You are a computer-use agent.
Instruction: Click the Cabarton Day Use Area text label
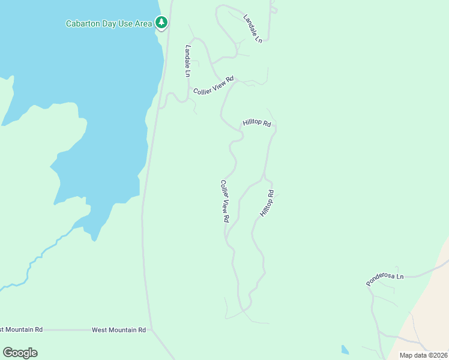(109, 24)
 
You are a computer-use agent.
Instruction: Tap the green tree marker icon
(161, 23)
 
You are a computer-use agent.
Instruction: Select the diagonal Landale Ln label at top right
(253, 28)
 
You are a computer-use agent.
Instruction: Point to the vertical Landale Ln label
(188, 61)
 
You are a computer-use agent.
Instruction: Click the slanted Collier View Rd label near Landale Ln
(213, 85)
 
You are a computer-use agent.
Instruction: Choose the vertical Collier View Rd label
(224, 202)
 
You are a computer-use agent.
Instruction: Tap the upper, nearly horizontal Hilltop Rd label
(257, 123)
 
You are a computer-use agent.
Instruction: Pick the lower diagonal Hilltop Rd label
(267, 203)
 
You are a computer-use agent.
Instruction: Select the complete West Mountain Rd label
(119, 330)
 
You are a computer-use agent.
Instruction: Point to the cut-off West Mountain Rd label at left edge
(21, 329)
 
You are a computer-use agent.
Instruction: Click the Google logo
(20, 353)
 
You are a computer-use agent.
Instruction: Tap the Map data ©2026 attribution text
(424, 355)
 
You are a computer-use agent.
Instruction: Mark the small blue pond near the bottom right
(345, 350)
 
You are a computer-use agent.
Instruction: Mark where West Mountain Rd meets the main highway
(152, 329)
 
